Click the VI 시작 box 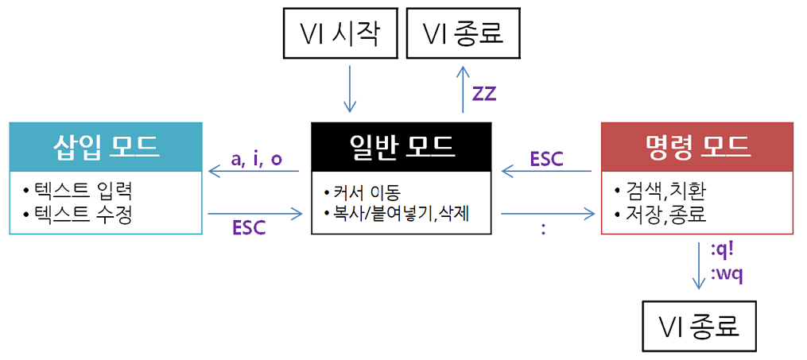[339, 34]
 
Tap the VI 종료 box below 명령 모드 [700, 327]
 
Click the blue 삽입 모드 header [106, 145]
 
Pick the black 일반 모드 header [402, 145]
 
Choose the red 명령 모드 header [696, 145]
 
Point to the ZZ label [483, 93]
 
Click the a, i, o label [256, 159]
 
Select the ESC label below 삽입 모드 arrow [249, 228]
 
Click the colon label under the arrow [543, 230]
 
